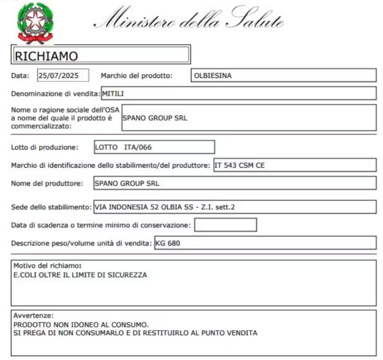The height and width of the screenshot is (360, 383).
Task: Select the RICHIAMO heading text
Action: [x=46, y=56]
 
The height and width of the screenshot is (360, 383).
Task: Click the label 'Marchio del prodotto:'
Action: [x=136, y=76]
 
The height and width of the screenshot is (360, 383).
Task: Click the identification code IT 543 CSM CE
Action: [x=239, y=166]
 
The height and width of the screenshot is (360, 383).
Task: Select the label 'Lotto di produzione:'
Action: [x=45, y=148]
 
